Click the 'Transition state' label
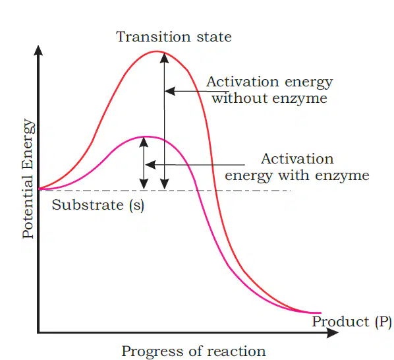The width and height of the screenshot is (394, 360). tap(174, 37)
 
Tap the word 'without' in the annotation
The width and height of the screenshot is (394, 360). tap(239, 98)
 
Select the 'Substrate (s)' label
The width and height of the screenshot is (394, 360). tap(98, 205)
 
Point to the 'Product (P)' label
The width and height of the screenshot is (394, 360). tap(352, 322)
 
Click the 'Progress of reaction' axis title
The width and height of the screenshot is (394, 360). tap(194, 351)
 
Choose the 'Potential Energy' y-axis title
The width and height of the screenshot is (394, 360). tap(28, 178)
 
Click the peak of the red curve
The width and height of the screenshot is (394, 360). tap(157, 51)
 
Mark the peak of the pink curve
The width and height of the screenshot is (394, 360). tap(147, 136)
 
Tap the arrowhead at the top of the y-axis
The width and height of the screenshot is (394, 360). tap(38, 50)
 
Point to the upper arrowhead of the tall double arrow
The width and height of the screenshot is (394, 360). tap(164, 58)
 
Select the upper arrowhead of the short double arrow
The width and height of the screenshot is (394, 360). tap(144, 142)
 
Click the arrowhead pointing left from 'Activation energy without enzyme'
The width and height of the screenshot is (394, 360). tap(170, 91)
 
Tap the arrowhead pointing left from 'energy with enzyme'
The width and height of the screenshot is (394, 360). tap(150, 165)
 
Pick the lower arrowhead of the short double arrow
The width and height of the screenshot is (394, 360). tap(144, 184)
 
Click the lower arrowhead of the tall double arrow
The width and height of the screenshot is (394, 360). tap(164, 184)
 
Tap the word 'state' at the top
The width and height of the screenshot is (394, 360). tap(214, 37)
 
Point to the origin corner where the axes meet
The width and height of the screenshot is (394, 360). tap(38, 332)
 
